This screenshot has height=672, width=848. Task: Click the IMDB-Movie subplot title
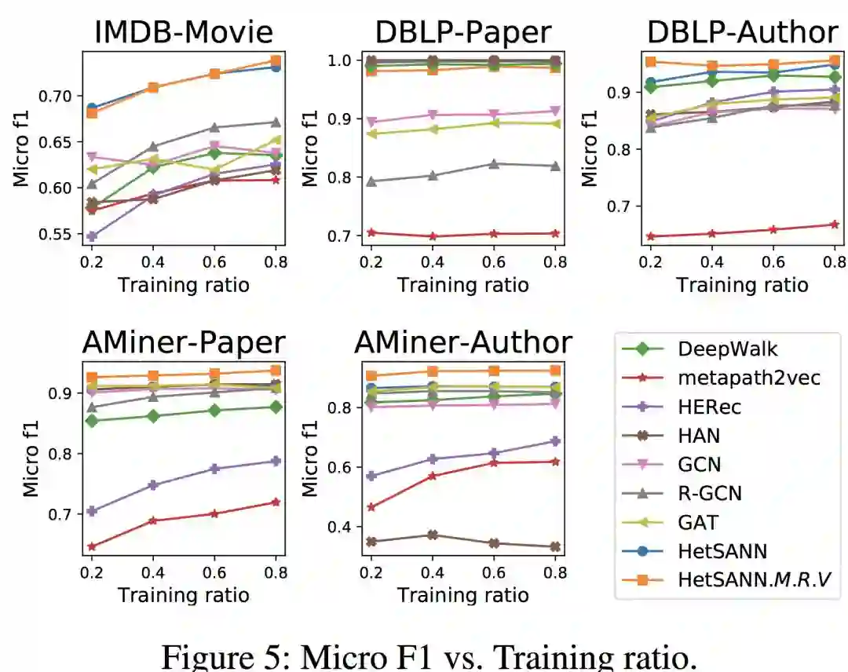coord(184,32)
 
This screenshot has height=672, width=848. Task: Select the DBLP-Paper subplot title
coord(462,32)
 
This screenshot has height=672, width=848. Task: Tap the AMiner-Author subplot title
coord(462,342)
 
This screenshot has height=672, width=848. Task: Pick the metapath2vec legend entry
coord(737,378)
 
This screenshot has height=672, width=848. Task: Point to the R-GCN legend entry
coord(709,493)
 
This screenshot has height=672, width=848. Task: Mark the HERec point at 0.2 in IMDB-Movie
coord(92,236)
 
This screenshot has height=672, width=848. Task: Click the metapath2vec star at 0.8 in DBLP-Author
coord(835,225)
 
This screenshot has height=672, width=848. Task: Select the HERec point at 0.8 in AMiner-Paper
coord(276,461)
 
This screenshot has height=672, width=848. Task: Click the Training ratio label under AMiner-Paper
coord(184,595)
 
